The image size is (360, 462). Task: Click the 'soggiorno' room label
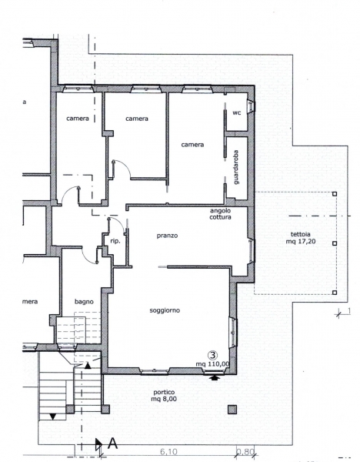pos(165,310)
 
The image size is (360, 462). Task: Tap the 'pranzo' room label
pos(167,236)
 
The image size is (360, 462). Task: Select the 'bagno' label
pos(84,302)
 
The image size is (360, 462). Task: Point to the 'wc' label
pos(237,112)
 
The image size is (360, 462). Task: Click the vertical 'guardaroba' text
pos(236,167)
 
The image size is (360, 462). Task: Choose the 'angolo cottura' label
pos(220,214)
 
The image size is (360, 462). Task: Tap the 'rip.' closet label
pos(115,241)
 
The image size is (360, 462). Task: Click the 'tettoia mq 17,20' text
pos(300,238)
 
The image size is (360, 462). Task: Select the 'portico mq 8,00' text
pos(164,396)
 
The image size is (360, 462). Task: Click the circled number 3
pos(212,355)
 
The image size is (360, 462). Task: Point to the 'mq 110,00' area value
pos(212,364)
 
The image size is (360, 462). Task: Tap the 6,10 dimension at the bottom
pos(168,452)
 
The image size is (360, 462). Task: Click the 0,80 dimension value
pos(245,452)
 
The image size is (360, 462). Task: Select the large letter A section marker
pos(113,444)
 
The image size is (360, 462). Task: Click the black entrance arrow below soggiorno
pos(215,377)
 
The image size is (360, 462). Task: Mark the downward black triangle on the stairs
pos(52,417)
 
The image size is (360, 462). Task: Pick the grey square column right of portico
pos(232,410)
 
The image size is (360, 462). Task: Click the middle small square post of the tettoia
pos(335,243)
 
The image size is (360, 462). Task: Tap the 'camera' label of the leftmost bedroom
pos(78,119)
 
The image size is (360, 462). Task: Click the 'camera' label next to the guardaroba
pos(192,145)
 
